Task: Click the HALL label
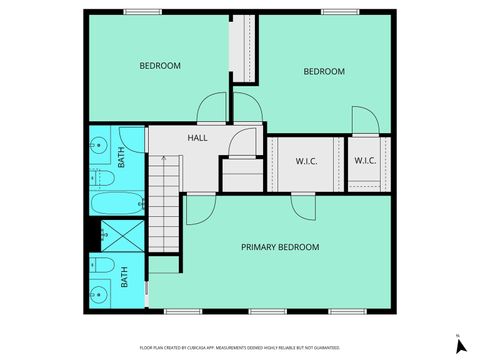tap(197, 137)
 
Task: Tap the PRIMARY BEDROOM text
tap(280, 247)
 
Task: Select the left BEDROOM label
tap(159, 66)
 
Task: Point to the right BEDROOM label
tap(324, 71)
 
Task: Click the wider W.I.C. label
tap(307, 160)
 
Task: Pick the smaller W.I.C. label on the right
tap(365, 160)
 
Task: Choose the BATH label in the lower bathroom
tap(125, 276)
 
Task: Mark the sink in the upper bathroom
tap(99, 147)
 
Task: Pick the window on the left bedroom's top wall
tap(140, 12)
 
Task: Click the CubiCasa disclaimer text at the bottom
tap(240, 346)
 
